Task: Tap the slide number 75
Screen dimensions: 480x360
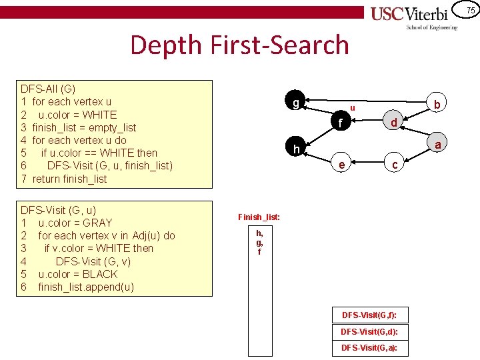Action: pos(470,10)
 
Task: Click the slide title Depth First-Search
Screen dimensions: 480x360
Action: pos(239,45)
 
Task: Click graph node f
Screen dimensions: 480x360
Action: pos(341,123)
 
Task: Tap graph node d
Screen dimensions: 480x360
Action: pos(394,123)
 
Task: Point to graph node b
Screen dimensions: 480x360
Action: pos(437,105)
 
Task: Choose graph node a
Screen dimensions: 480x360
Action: pos(437,145)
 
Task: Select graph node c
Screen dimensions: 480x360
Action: pos(395,165)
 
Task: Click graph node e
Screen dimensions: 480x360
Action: pos(341,165)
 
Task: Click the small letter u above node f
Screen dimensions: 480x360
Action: pos(353,107)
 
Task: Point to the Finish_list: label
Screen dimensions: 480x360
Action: pos(259,217)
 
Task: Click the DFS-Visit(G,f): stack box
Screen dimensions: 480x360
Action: pos(370,315)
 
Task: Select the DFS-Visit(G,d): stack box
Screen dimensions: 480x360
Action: pos(370,331)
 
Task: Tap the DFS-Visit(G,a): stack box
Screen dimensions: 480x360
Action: pos(370,347)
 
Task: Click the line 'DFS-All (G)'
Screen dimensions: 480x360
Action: pos(48,89)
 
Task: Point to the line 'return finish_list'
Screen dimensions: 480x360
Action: pos(69,179)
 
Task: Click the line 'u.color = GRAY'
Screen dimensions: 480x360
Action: pos(75,223)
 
